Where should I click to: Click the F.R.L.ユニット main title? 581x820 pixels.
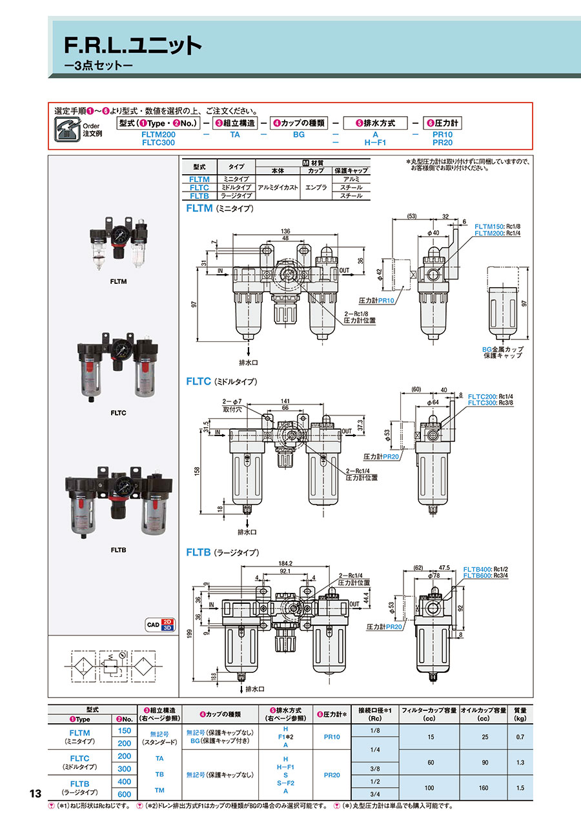133,45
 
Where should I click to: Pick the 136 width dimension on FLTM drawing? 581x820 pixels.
285,232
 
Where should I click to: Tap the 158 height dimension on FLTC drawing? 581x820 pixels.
196,471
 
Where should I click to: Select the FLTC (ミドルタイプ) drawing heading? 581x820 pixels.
221,381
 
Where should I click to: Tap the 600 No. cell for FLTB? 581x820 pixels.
124,794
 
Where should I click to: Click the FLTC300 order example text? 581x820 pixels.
158,142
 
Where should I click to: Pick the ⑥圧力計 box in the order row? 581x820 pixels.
442,123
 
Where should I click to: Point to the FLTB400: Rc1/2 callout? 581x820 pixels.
485,570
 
